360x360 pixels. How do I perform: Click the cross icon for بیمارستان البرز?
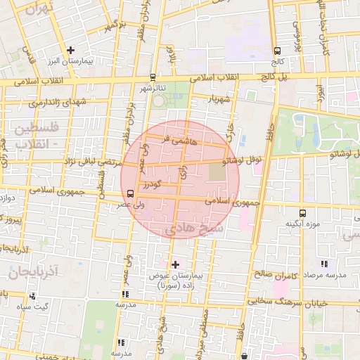pos(70,50)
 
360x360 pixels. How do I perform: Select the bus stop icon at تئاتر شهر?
pos(153,77)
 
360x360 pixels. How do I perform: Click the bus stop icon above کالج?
pos(277,51)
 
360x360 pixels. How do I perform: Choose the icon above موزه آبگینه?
pos(302,212)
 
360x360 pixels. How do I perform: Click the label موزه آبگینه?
pos(302,224)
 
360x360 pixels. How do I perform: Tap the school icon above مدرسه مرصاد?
pos(323,264)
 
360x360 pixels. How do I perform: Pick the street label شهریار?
pos(219,99)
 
